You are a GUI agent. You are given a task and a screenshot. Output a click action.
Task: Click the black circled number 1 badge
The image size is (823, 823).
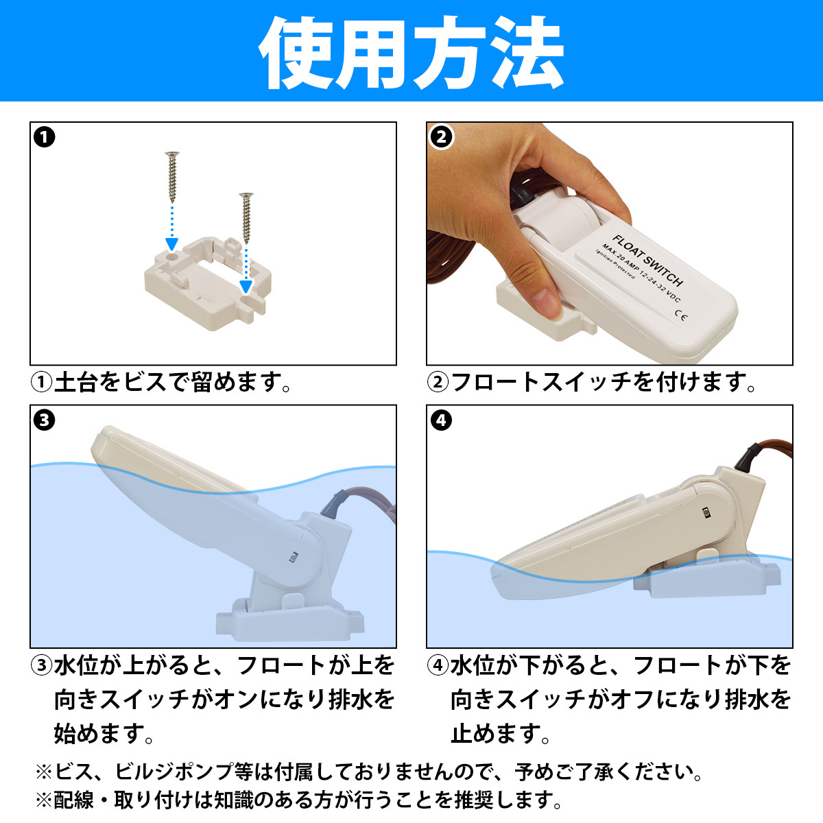click(44, 138)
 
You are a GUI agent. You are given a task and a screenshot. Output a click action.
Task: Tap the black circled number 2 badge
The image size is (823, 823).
click(441, 138)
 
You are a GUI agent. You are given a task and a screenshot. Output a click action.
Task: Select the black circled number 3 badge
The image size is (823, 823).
click(44, 420)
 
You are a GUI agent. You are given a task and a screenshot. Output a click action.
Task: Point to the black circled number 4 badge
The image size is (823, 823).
click(441, 420)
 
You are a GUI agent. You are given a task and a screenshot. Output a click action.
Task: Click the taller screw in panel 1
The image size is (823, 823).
click(172, 177)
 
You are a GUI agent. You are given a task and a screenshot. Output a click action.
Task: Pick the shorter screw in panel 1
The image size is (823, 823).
click(246, 218)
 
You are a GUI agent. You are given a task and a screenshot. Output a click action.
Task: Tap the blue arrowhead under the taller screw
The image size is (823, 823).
click(171, 244)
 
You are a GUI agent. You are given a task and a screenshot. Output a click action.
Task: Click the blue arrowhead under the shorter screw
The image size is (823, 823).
click(246, 287)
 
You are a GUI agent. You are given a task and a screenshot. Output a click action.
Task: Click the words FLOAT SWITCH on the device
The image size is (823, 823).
click(647, 261)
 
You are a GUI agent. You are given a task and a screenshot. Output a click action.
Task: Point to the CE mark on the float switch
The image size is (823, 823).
click(681, 315)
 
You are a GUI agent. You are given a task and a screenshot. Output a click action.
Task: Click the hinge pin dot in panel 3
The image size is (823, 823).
click(293, 557)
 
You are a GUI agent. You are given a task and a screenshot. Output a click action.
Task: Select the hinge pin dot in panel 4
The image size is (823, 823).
click(706, 512)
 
